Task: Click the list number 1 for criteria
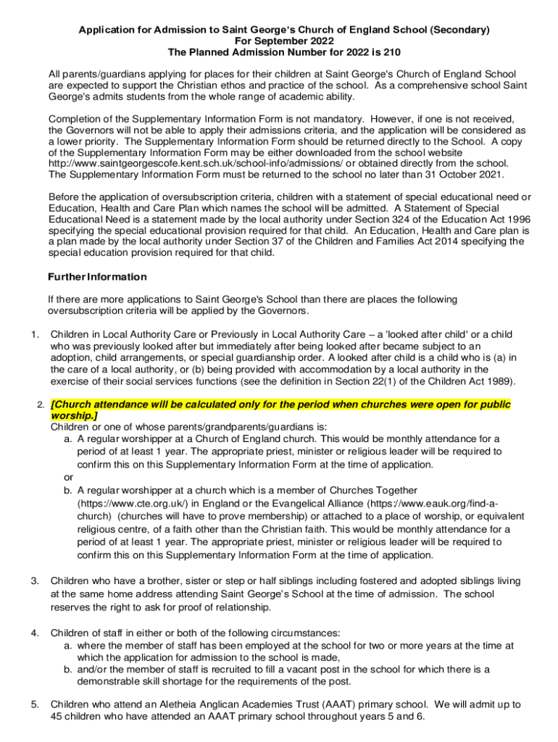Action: pos(34,334)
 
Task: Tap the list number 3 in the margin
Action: pos(34,580)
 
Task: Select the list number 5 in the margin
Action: pos(34,704)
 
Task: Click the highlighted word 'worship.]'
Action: pos(74,416)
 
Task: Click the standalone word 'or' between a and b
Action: pos(68,477)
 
